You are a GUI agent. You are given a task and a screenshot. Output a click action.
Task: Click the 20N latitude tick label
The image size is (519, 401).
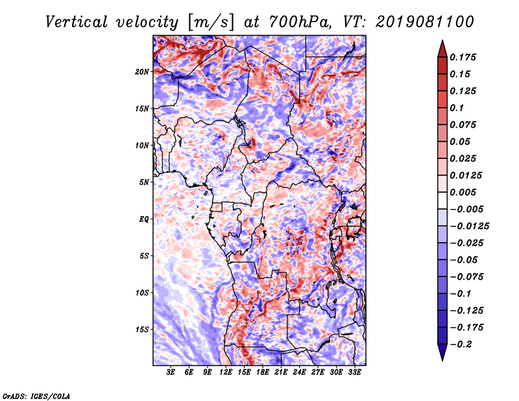(142, 71)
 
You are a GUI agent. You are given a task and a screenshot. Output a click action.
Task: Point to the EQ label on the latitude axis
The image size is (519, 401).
(143, 219)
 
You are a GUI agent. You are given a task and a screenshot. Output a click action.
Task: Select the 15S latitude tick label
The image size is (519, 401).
(142, 330)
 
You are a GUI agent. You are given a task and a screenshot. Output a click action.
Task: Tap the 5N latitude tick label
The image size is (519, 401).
(144, 182)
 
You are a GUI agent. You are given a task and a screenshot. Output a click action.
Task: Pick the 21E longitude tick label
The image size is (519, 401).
(281, 372)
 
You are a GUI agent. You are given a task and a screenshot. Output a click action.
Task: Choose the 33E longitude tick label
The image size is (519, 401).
(354, 372)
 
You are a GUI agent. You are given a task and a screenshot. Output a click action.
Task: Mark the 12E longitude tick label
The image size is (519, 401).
(226, 372)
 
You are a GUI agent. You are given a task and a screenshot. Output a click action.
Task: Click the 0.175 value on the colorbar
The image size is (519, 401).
(464, 57)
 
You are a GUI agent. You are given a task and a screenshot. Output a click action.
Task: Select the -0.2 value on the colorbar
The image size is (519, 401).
(463, 344)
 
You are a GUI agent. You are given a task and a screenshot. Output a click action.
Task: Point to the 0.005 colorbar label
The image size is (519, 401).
(464, 192)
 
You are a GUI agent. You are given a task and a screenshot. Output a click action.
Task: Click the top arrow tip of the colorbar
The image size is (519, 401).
(442, 42)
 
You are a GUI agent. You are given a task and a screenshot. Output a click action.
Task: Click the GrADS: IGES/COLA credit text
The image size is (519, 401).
(36, 395)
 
